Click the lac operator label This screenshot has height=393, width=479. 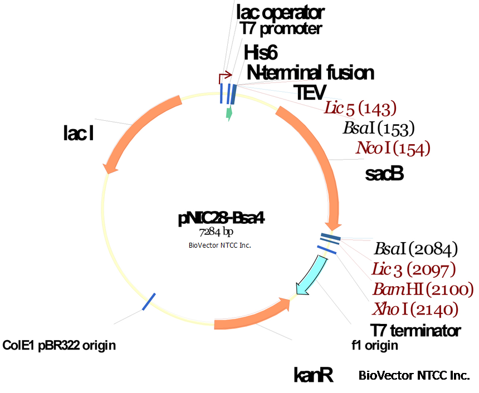tap(280, 11)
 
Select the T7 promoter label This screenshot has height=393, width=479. tap(280, 27)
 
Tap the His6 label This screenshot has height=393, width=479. tap(261, 53)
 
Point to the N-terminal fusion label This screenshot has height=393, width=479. tap(310, 72)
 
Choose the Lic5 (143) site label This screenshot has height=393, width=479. tap(360, 108)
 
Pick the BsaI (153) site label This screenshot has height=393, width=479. tap(379, 129)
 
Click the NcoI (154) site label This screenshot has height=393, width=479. tap(393, 148)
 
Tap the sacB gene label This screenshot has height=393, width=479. tap(384, 174)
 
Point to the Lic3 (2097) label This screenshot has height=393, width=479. tap(413, 269)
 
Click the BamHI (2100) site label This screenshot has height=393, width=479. tap(423, 289)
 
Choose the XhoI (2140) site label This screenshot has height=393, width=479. tap(415, 309)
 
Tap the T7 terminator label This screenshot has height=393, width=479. tap(416, 330)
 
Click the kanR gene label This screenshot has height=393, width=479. tap(313, 375)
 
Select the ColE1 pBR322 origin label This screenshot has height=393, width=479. tap(59, 346)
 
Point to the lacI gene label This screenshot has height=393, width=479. tap(77, 134)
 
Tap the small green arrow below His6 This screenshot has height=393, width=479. tap(228, 113)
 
